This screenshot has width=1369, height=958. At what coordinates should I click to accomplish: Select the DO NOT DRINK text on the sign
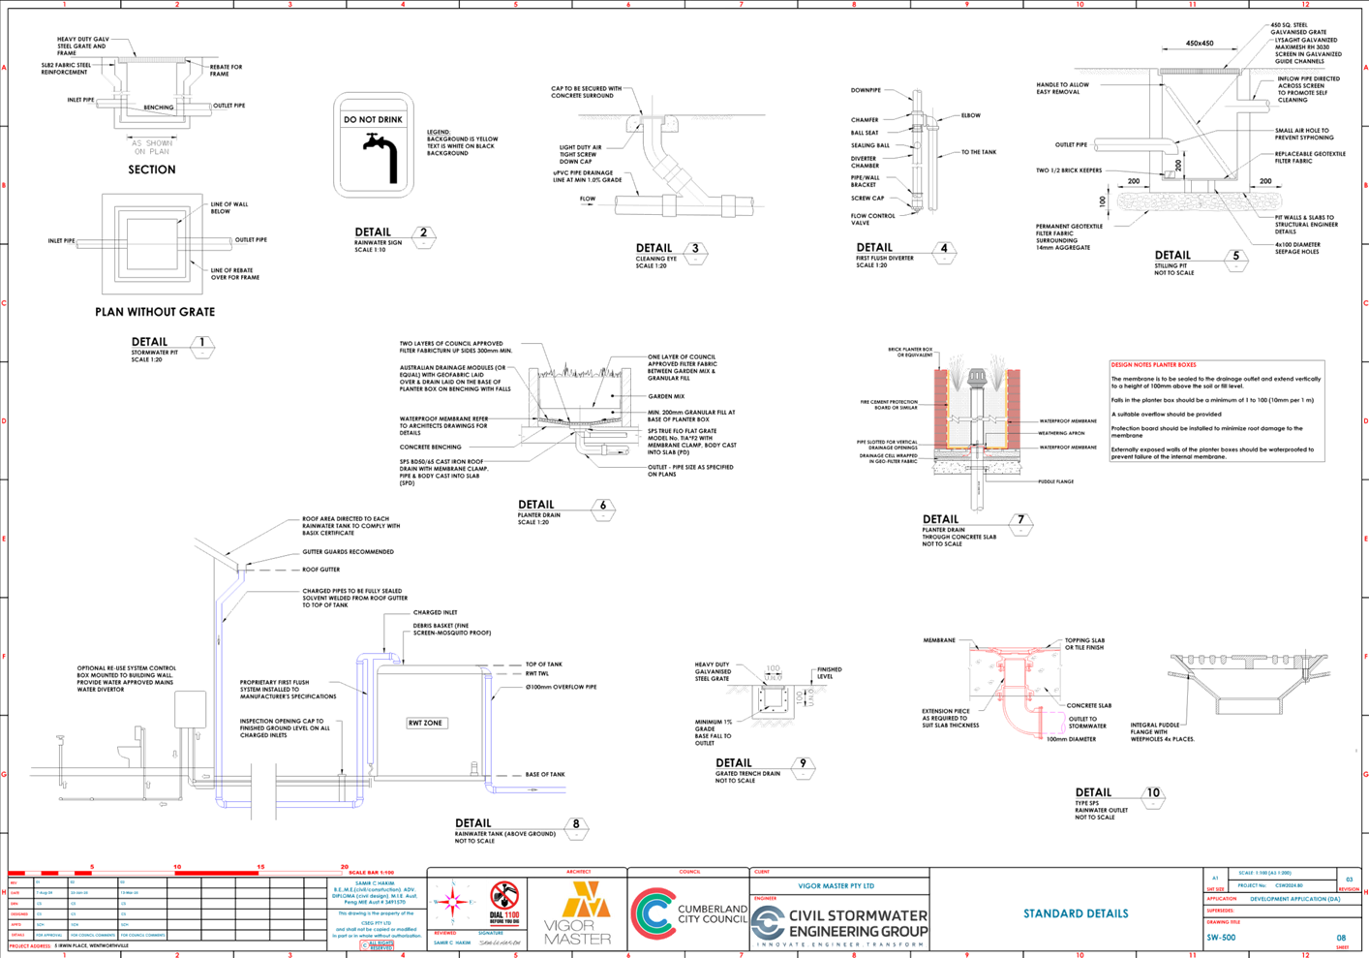(x=374, y=119)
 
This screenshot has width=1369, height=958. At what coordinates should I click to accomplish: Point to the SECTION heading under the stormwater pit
(x=152, y=170)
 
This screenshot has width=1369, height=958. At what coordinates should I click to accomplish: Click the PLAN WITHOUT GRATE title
(x=155, y=312)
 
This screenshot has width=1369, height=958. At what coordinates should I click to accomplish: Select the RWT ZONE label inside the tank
(x=426, y=724)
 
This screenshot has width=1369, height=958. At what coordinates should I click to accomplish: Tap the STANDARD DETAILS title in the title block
(x=1076, y=913)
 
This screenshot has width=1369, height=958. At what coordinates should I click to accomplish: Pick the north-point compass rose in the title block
(x=451, y=903)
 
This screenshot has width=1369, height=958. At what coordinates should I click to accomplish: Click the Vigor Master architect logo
(x=578, y=913)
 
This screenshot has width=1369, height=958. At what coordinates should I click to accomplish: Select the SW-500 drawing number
(x=1221, y=938)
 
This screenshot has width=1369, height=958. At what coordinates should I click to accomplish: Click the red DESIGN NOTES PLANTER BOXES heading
(x=1153, y=365)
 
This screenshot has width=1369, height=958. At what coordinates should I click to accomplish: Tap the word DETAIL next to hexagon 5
(x=1172, y=256)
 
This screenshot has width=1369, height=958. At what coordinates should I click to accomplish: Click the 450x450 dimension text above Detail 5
(x=1200, y=44)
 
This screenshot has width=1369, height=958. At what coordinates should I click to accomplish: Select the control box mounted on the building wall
(x=191, y=709)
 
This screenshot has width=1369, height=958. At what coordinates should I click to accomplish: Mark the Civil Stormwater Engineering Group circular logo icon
(x=768, y=923)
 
